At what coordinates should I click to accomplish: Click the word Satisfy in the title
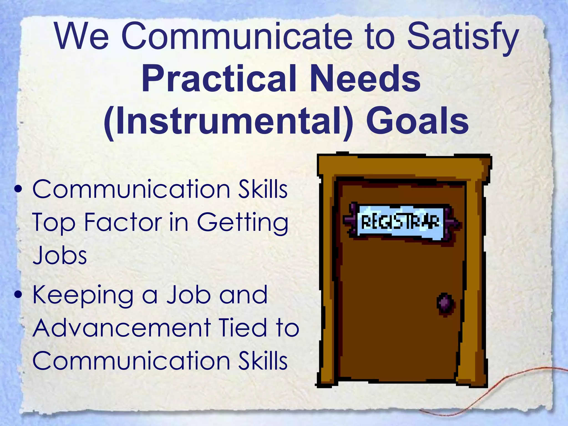tap(462, 37)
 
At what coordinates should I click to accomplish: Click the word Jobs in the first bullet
tap(60, 255)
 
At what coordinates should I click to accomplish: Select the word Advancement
tap(122, 328)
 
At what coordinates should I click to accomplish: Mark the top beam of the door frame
tap(404, 165)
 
